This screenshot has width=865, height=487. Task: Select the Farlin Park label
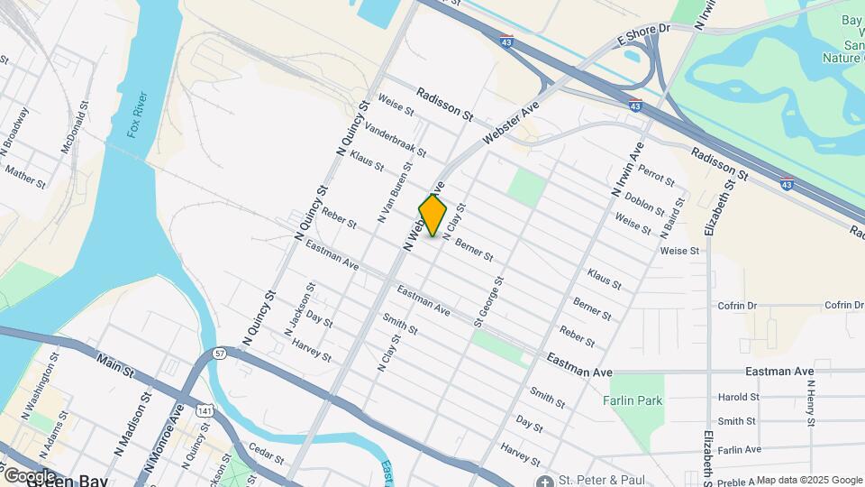tap(633, 400)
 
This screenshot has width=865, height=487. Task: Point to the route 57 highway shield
tap(220, 354)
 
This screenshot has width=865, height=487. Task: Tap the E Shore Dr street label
tap(644, 34)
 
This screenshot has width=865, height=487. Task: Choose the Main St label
tap(114, 363)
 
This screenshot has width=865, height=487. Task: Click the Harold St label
tap(738, 397)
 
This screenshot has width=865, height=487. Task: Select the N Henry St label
tap(812, 402)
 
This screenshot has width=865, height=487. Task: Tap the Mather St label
tap(24, 174)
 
